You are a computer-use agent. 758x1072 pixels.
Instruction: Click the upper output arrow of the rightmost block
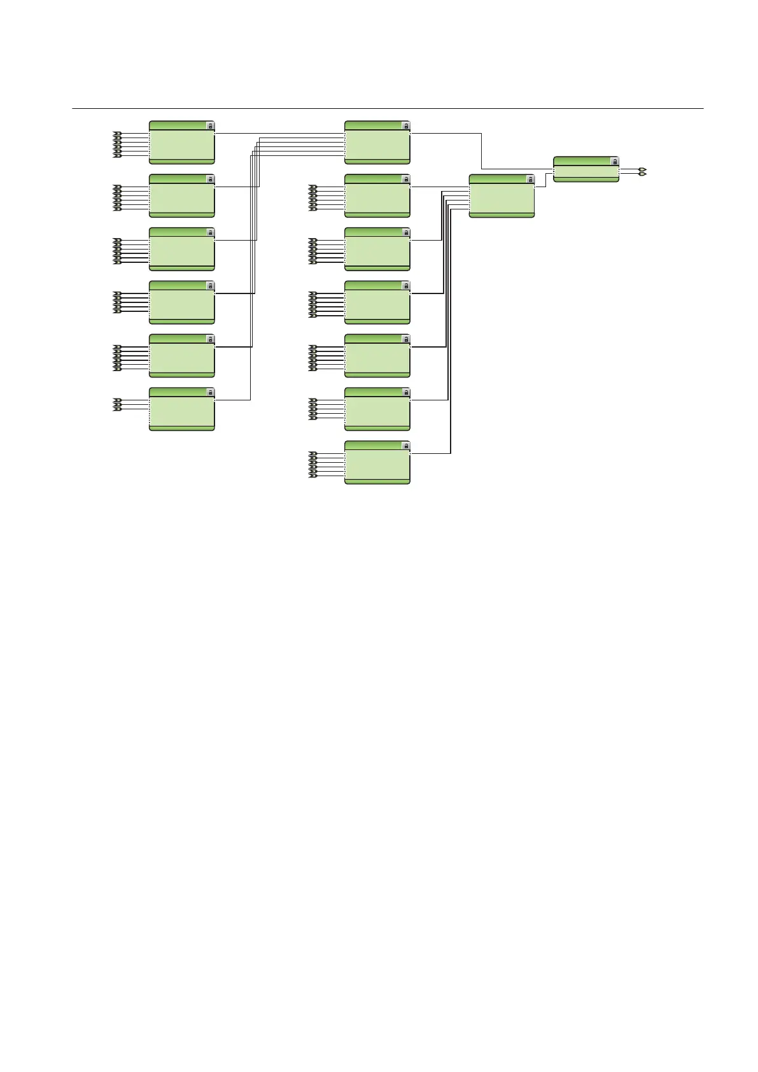point(643,169)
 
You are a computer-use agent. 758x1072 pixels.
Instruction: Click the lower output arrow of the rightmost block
point(643,174)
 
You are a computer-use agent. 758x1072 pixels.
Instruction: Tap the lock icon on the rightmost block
point(614,162)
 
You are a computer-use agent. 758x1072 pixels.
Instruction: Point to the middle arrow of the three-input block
point(117,404)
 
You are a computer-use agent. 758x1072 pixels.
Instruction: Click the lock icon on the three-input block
point(210,393)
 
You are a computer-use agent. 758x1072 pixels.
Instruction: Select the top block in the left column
point(181,143)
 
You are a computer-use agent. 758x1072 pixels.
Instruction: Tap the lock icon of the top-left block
point(210,126)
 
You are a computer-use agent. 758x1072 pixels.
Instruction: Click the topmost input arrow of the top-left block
point(117,134)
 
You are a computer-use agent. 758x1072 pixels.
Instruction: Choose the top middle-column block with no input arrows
point(377,143)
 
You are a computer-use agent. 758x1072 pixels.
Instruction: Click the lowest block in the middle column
point(377,463)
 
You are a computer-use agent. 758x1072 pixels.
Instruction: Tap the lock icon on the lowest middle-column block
point(405,446)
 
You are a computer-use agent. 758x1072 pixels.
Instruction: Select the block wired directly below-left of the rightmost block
point(501,197)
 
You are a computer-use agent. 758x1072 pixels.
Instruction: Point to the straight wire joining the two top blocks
point(280,134)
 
